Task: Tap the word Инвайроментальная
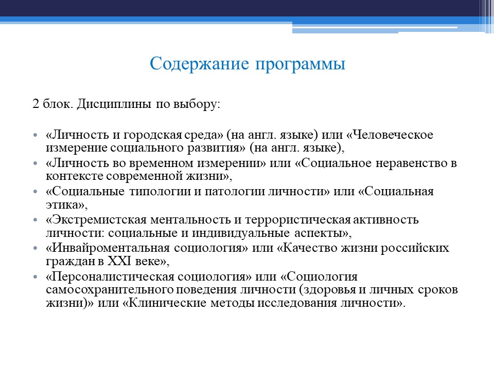[x=109, y=248]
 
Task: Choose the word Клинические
[x=167, y=303]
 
